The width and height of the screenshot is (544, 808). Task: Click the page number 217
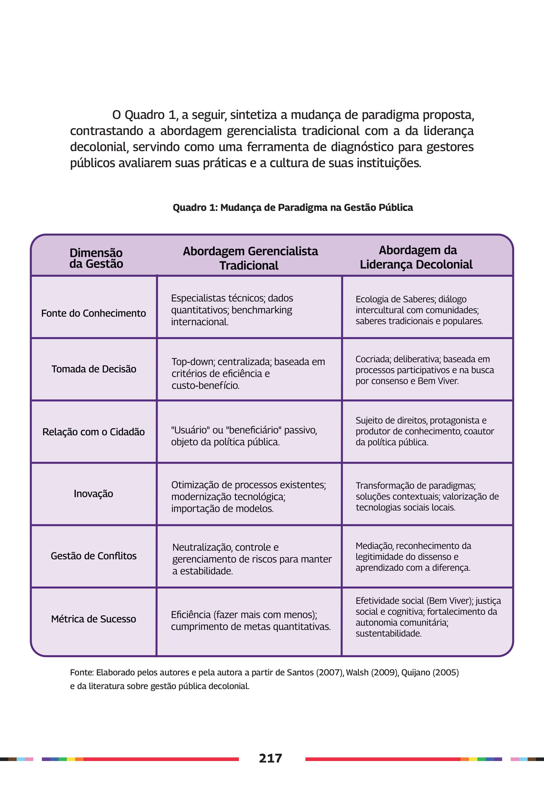coord(270,758)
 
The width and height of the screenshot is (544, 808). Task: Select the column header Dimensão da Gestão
coord(96,258)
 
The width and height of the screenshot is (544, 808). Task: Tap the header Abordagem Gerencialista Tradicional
coord(250,258)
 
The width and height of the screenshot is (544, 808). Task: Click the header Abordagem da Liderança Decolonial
coord(417,257)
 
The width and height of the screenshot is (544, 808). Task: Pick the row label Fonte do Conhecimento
coord(93,313)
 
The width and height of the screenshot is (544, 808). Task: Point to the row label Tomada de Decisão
coord(94,369)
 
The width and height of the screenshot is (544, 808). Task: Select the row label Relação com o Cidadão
coord(93,432)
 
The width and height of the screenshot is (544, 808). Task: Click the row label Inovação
coord(93,493)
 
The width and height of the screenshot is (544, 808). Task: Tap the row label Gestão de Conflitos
coord(93,556)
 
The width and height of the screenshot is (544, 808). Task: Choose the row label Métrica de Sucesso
coord(93,619)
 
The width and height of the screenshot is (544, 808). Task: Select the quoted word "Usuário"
coord(190,430)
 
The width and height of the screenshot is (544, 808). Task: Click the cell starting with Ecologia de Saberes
coord(419,310)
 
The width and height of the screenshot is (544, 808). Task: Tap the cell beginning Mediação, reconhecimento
coord(413,557)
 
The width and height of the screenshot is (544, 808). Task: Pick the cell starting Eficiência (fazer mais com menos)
coord(250,620)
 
